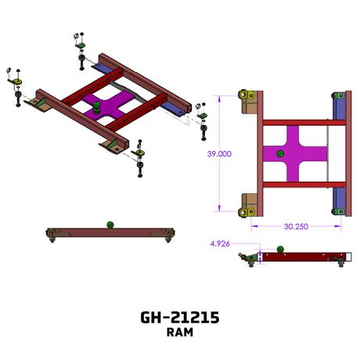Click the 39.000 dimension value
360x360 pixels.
(x=219, y=154)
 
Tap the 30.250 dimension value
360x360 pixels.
(x=296, y=226)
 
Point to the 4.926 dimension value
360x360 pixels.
(x=220, y=244)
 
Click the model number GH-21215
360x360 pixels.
(x=180, y=318)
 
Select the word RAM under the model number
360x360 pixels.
(x=180, y=333)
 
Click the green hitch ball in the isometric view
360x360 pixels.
(x=97, y=107)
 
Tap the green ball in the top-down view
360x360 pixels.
(x=280, y=153)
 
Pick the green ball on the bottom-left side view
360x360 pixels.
(x=110, y=225)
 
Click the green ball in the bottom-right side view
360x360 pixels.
(x=280, y=249)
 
